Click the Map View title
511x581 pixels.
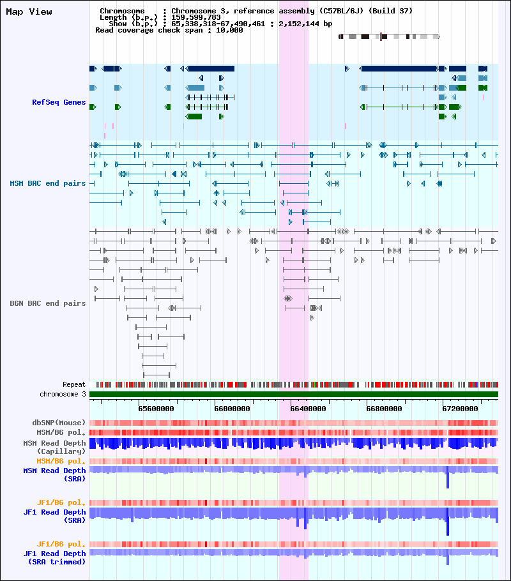[x=29, y=12]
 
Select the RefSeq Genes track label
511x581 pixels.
[x=59, y=102]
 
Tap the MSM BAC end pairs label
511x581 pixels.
[x=47, y=183]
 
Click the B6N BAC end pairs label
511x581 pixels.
[x=47, y=303]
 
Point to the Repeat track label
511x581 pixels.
[x=74, y=384]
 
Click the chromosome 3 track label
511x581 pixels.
[x=63, y=395]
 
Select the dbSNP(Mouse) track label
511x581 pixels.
[x=59, y=423]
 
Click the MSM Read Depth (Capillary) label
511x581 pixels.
[x=54, y=447]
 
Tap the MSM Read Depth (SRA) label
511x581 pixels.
[x=54, y=474]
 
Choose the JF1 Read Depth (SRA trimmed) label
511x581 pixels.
[x=54, y=557]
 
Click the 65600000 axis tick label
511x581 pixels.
[x=156, y=409]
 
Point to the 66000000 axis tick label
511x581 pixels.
[x=232, y=409]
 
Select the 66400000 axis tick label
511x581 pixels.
[x=308, y=409]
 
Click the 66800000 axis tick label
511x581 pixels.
[x=384, y=409]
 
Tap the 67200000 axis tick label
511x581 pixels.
[x=460, y=409]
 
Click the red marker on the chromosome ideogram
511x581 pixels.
[x=381, y=36]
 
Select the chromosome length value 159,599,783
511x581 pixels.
[x=196, y=17]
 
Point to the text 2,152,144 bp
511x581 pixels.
[x=305, y=24]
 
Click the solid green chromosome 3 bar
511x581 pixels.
[x=294, y=395]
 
